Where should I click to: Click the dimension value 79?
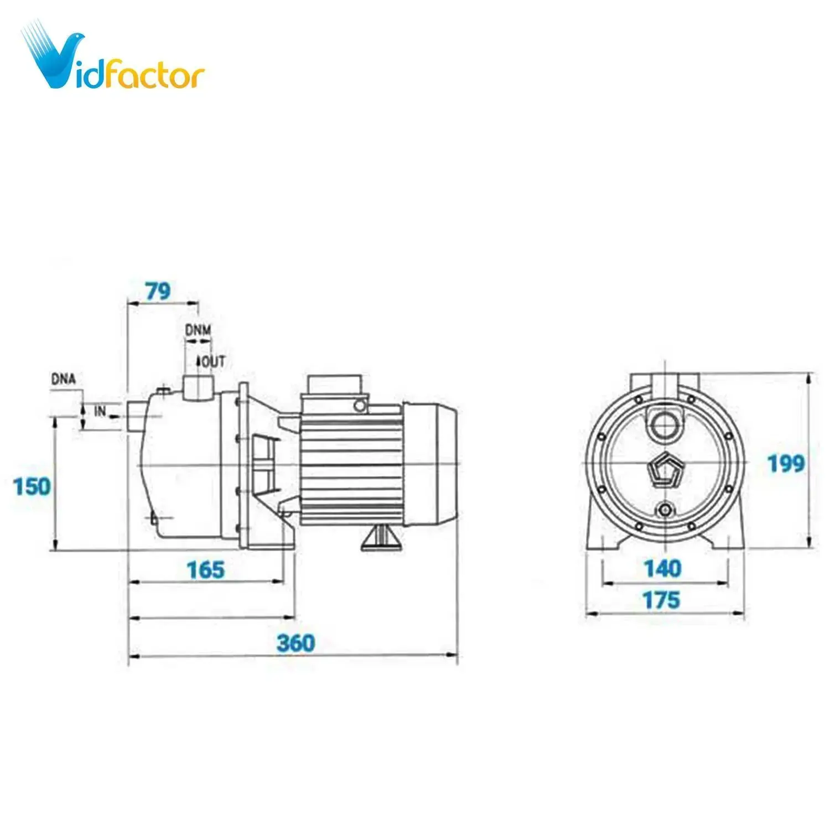tap(158, 291)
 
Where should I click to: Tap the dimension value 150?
tap(32, 487)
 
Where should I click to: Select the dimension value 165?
tap(206, 570)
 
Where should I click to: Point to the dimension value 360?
tap(295, 643)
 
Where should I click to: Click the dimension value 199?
tap(786, 464)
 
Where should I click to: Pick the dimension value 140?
tap(663, 569)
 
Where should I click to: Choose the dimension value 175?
tap(661, 600)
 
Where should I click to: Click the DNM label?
tap(198, 330)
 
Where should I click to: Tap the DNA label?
tap(63, 380)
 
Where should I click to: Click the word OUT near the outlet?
tap(214, 362)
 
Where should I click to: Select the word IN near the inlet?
tap(100, 411)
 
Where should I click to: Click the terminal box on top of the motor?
tap(335, 385)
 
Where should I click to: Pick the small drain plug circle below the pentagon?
tap(665, 509)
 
